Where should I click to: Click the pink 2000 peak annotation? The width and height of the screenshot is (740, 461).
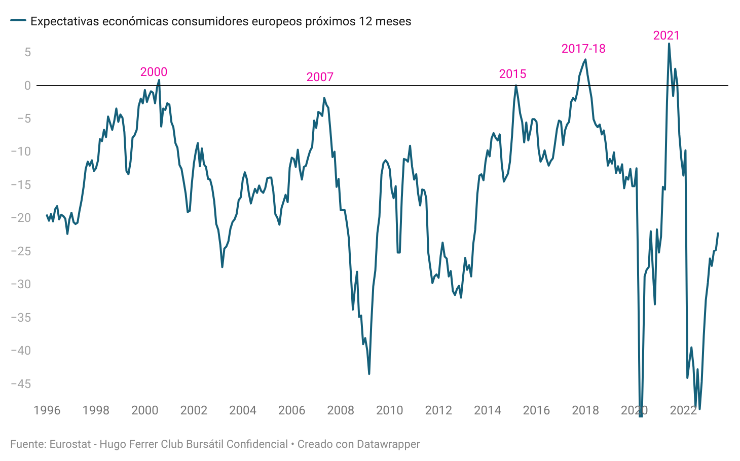tap(154, 72)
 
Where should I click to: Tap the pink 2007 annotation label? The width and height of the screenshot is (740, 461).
tap(320, 77)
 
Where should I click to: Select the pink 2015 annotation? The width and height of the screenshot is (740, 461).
tap(512, 74)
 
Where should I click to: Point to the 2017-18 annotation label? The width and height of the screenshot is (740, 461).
tap(583, 49)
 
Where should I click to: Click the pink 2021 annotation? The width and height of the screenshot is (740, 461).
tap(666, 35)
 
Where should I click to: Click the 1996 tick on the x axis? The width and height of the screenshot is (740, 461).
tap(47, 410)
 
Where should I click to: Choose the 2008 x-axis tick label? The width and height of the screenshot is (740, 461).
tap(341, 410)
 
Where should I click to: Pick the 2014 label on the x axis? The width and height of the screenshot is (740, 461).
tap(488, 410)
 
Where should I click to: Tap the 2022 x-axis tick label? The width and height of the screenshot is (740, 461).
tap(683, 410)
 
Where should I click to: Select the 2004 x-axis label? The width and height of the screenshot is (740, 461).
tap(243, 410)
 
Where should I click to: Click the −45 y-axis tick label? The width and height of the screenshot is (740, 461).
tap(21, 384)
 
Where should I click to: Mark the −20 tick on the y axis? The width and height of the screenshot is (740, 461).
tap(21, 218)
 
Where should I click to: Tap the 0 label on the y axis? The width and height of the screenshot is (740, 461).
tap(27, 86)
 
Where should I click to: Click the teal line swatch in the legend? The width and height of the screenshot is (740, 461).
tap(18, 21)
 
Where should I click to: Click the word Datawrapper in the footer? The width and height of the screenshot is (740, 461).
tap(388, 444)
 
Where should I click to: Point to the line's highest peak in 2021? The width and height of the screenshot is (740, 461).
tap(669, 44)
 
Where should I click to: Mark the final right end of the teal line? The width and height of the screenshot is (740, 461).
tap(718, 234)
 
